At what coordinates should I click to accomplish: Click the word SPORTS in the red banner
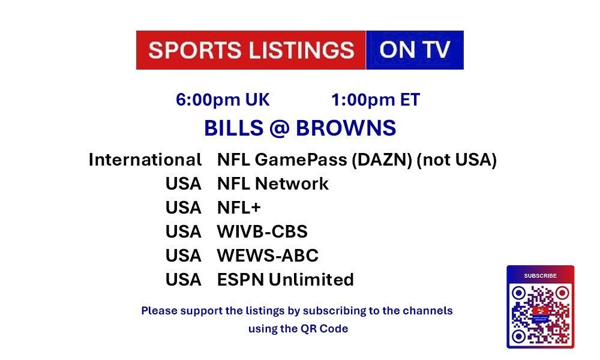(194, 50)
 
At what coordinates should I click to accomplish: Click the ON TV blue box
(415, 50)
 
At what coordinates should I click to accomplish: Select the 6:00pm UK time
(223, 100)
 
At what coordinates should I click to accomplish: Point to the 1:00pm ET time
(376, 100)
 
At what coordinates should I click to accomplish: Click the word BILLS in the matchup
(233, 128)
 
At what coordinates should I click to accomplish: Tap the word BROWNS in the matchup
(346, 128)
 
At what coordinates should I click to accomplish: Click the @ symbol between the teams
(280, 128)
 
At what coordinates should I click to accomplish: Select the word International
(145, 160)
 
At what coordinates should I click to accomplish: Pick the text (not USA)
(457, 160)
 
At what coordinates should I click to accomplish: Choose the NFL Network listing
(273, 184)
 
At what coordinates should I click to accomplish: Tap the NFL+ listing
(239, 208)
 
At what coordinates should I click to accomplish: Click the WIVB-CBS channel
(262, 232)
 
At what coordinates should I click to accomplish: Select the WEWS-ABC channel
(268, 256)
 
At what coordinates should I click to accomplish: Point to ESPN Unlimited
(286, 280)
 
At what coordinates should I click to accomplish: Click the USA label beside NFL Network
(183, 184)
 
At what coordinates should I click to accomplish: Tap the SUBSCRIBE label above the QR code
(541, 275)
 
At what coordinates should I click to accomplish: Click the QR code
(541, 314)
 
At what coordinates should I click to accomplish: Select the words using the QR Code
(298, 329)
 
